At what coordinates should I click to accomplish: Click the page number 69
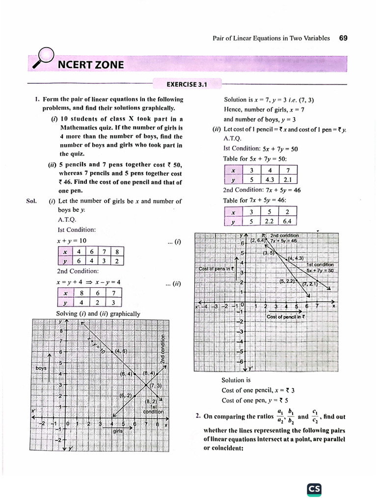[x=343, y=38]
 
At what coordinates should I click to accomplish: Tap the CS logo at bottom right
[x=314, y=489]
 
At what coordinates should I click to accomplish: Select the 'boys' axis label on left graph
[x=41, y=368]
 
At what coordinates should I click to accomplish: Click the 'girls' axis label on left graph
[x=118, y=431]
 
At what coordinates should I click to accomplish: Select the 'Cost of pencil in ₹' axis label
[x=285, y=317]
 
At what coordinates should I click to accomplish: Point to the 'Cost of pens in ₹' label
[x=216, y=269]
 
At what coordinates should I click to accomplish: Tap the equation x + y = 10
[x=72, y=241]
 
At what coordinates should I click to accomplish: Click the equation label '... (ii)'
[x=174, y=283]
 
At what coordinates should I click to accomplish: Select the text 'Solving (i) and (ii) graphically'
[x=98, y=314]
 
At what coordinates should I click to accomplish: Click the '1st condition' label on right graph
[x=320, y=265]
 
